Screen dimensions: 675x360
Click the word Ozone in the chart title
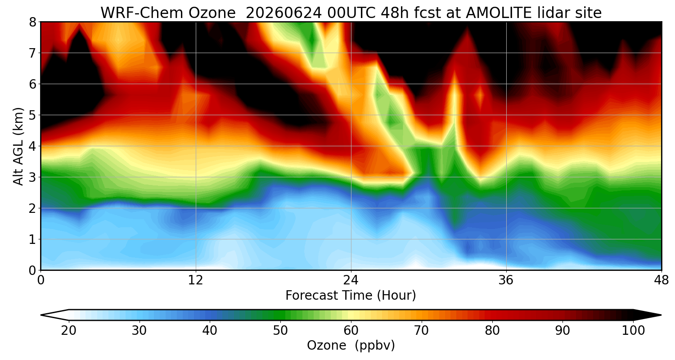[x=212, y=13]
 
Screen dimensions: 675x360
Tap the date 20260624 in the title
[x=283, y=13]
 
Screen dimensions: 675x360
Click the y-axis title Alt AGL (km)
[x=18, y=146]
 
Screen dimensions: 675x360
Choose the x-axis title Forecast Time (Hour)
[x=351, y=295]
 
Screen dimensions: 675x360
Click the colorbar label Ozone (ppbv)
[x=351, y=345]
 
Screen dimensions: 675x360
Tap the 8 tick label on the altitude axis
[x=32, y=22]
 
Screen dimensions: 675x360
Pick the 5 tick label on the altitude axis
[x=32, y=115]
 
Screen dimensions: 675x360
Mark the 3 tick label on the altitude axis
[x=32, y=177]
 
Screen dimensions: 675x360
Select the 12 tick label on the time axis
[x=196, y=280]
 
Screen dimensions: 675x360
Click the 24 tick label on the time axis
[x=351, y=280]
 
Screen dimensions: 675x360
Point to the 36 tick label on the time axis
[x=506, y=280]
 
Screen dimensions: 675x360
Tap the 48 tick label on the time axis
[x=661, y=280]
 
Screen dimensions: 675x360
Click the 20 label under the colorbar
[x=69, y=331]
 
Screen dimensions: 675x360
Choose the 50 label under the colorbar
[x=280, y=331]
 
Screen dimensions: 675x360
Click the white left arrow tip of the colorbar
[x=41, y=315]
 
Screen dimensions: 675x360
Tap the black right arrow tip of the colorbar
[x=661, y=315]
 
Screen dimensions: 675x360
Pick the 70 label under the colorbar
[x=422, y=331]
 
